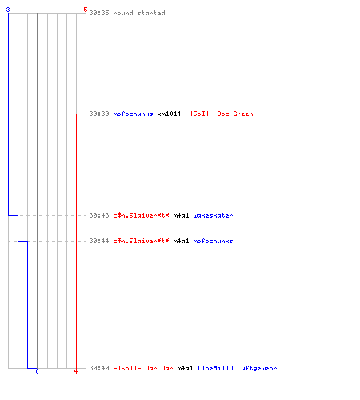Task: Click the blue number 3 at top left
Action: coord(8,10)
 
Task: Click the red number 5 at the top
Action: coord(86,10)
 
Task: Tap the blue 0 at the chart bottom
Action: coord(37,371)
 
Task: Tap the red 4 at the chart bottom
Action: coord(76,371)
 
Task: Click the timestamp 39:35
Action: coord(99,13)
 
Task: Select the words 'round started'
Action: coord(139,13)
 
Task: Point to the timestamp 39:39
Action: coord(99,114)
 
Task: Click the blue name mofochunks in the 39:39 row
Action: coord(133,114)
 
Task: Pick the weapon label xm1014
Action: coord(169,114)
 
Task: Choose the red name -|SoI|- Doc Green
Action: coord(219,114)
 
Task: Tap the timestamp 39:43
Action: coord(99,215)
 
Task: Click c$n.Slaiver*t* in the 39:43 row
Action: coord(141,215)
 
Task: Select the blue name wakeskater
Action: coord(213,215)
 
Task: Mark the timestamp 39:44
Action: coord(99,241)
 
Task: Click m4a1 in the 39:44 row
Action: coord(181,241)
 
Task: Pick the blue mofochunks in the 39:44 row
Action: coord(213,241)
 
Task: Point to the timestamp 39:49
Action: coord(99,368)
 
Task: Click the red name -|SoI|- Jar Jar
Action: coord(143,368)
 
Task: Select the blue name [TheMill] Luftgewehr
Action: coord(238,368)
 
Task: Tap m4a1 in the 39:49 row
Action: coord(185,368)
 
